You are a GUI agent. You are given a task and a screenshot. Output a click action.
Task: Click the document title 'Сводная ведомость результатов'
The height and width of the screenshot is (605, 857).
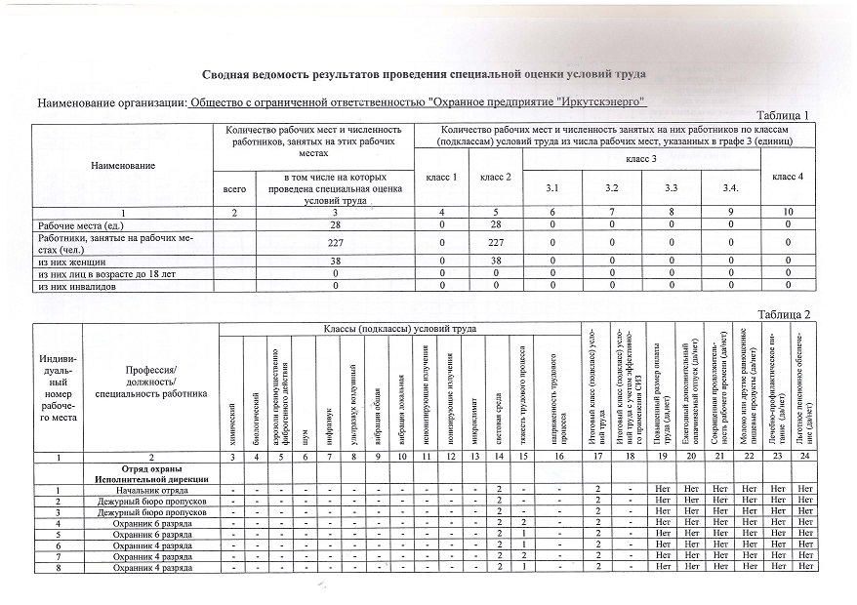point(424,74)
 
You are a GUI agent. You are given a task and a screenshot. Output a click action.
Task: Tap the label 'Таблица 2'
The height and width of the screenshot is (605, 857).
point(784,313)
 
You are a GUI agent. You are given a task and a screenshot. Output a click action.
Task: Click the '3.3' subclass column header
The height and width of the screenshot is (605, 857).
point(672,186)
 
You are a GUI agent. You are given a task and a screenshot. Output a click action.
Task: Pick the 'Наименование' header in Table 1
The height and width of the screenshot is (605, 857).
point(123,166)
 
